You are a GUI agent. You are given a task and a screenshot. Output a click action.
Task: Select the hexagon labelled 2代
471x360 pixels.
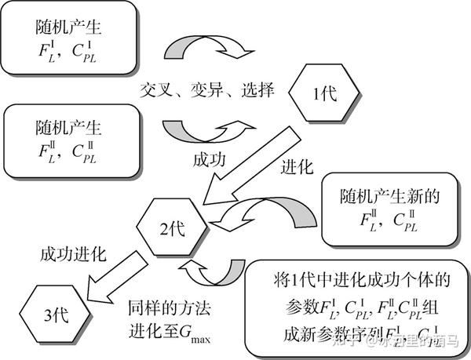(x=172, y=229)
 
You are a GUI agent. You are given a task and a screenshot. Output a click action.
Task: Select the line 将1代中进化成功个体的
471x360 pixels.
(x=357, y=279)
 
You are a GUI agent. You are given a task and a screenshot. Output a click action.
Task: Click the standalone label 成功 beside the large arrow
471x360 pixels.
(x=210, y=160)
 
